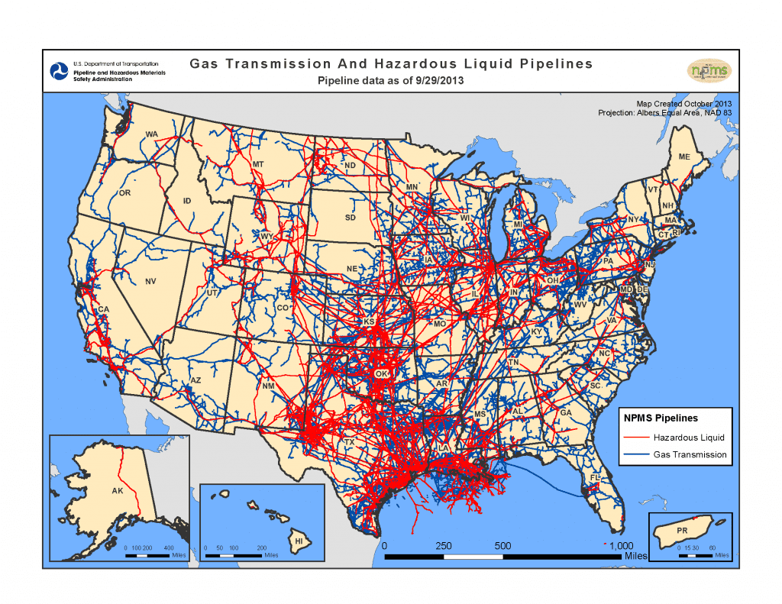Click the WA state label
click(151, 134)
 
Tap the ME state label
click(684, 157)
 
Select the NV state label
click(150, 281)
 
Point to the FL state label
click(596, 478)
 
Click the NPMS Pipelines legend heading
click(661, 418)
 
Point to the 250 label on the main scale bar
click(444, 546)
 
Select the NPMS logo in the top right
click(709, 71)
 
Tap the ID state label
click(186, 202)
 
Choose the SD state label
click(350, 218)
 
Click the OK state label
click(381, 373)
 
